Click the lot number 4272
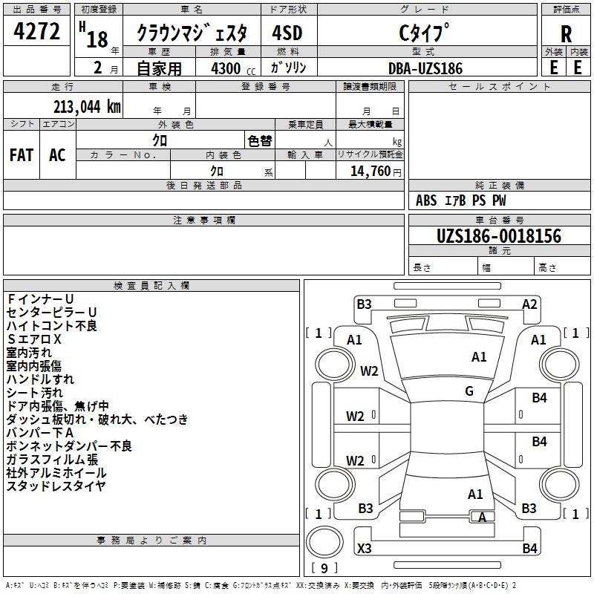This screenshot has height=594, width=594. (37, 32)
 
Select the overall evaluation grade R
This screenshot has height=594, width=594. (566, 33)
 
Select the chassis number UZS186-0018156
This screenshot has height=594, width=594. (499, 236)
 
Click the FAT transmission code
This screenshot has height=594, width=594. (22, 155)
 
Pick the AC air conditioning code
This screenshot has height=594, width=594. (57, 155)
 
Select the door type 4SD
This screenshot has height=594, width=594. (287, 33)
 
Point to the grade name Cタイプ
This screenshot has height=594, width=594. (425, 33)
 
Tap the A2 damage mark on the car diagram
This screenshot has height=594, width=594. (529, 304)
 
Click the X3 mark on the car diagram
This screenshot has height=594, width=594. (365, 549)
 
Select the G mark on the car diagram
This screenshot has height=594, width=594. (469, 391)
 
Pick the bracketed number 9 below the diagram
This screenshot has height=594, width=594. (324, 569)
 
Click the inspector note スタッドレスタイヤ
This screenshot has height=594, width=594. (56, 486)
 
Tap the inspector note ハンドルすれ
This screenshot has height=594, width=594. (45, 379)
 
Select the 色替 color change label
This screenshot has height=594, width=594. (259, 141)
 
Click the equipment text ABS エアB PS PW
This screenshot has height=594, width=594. (461, 200)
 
